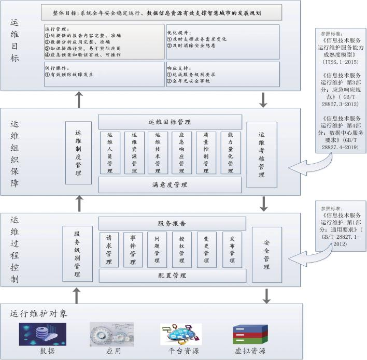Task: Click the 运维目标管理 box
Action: click(170, 123)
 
